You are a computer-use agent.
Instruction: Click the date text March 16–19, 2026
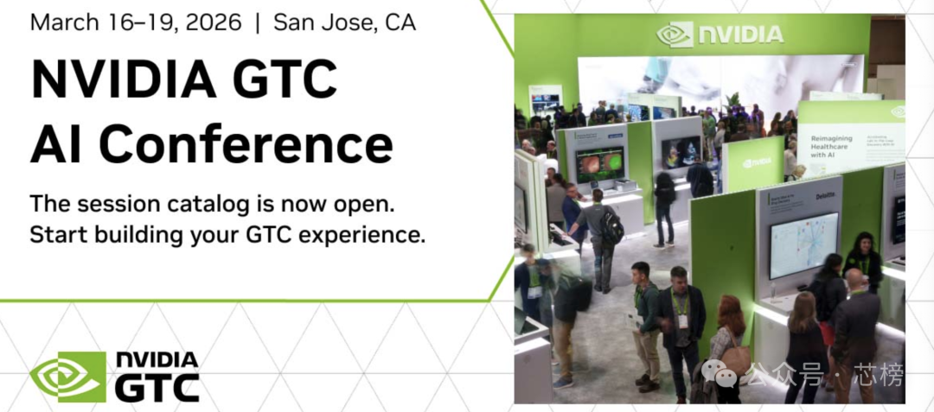point(135,22)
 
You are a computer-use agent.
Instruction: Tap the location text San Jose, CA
point(344,22)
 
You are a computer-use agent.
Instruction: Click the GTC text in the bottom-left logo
point(157,388)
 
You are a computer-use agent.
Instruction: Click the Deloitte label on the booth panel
point(826,197)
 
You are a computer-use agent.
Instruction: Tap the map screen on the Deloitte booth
point(803,245)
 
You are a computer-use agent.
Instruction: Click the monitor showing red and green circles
point(599,163)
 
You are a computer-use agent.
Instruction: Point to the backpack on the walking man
point(612,226)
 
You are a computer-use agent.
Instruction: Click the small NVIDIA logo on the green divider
point(756,162)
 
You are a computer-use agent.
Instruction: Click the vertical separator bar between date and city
point(257,22)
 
